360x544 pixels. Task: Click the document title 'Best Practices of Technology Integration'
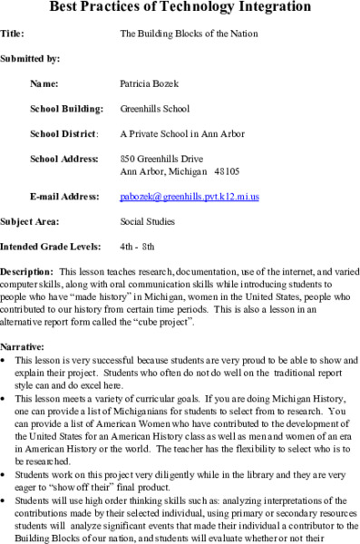pyautogui.click(x=180, y=9)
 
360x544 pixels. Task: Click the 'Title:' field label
pyautogui.click(x=13, y=34)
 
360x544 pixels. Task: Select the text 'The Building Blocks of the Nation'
pyautogui.click(x=189, y=34)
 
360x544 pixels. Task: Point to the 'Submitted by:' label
pyautogui.click(x=30, y=59)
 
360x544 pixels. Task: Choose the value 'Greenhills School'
pyautogui.click(x=155, y=109)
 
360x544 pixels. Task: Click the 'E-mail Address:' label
pyautogui.click(x=64, y=196)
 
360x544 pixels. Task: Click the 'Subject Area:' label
pyautogui.click(x=30, y=221)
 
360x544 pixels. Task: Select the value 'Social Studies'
pyautogui.click(x=148, y=221)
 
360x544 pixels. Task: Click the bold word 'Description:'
pyautogui.click(x=26, y=272)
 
